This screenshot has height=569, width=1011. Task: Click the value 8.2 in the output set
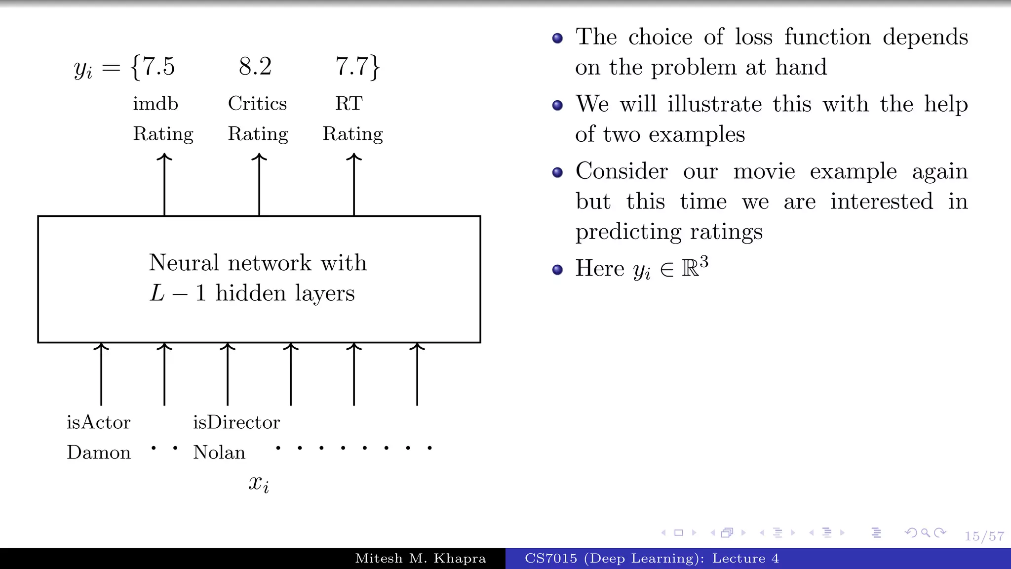point(255,66)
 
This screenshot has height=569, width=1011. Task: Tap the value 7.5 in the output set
point(158,66)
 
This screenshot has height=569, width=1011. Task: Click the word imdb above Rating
point(156,104)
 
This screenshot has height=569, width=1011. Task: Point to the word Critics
point(257,104)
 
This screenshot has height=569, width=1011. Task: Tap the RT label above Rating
point(349,104)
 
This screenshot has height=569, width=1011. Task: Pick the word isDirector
point(236,422)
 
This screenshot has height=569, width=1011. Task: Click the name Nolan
point(219,452)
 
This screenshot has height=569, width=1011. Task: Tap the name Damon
point(99,452)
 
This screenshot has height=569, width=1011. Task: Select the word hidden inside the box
point(251,293)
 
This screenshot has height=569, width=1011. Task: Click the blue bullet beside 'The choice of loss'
point(557,38)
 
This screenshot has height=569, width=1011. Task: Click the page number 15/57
point(984,536)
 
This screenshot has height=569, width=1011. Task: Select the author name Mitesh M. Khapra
point(421,558)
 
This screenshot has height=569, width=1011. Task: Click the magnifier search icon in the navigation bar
point(926,532)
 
